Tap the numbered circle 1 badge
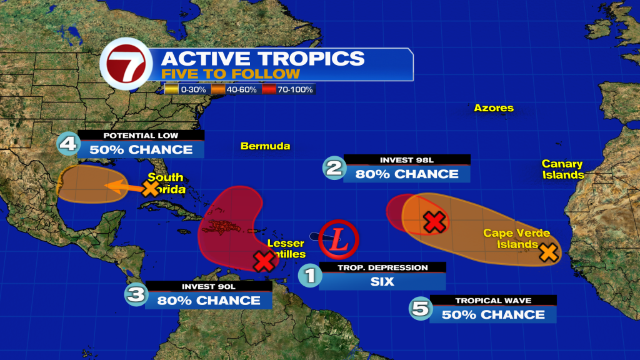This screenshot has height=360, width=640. pos(309,275)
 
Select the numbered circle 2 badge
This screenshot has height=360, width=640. pos(333,167)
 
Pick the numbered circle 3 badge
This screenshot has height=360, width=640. pos(136,294)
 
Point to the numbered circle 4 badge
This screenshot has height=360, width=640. pos(68,144)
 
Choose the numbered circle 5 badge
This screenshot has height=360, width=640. pos(419,307)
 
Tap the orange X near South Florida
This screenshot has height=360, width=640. pos(151,188)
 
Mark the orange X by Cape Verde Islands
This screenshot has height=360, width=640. pos(548,252)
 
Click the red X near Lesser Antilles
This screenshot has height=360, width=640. pos(264,261)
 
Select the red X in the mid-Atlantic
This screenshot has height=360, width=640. pos(434,221)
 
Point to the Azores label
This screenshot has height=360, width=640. pos(493,108)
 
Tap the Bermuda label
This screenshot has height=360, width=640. pos(266,146)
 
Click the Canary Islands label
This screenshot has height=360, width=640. pos(562,169)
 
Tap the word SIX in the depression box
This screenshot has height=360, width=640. pos(382,281)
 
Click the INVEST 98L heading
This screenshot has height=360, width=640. pos(406,160)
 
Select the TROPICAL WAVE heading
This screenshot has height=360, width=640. pos(492,301)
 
